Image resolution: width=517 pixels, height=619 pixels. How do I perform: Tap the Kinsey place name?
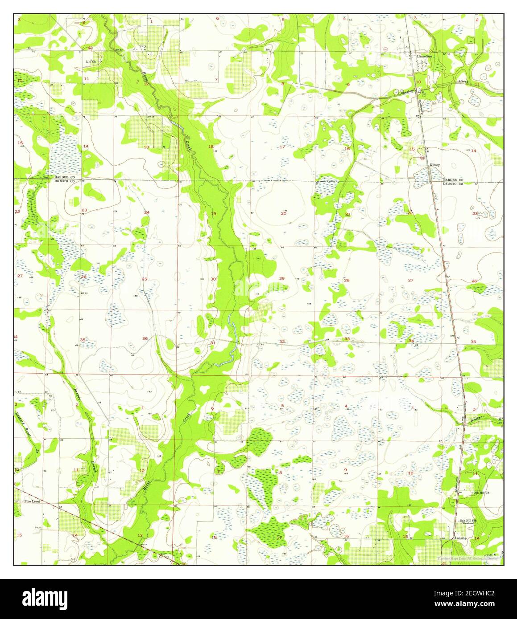click(x=434, y=165)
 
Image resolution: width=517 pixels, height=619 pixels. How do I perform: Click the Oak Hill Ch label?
click(x=481, y=493)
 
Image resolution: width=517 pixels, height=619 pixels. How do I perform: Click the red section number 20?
click(x=283, y=213)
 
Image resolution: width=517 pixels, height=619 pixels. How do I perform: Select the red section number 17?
click(x=282, y=147)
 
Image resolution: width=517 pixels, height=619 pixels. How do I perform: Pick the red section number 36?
click(x=145, y=339)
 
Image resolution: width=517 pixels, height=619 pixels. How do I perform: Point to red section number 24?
click(x=146, y=212)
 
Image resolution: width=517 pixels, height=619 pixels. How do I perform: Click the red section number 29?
click(x=281, y=278)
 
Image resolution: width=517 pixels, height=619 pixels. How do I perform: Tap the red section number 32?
click(x=282, y=342)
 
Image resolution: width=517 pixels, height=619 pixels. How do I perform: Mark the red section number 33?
click(x=347, y=339)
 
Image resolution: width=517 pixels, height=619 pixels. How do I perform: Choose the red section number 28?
click(x=347, y=280)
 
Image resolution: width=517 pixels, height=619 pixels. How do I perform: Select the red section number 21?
click(x=347, y=215)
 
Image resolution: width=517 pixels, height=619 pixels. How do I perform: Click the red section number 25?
click(x=145, y=279)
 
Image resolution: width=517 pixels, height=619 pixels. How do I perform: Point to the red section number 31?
click(x=213, y=342)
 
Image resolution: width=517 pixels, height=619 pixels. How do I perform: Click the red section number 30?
click(x=213, y=279)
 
